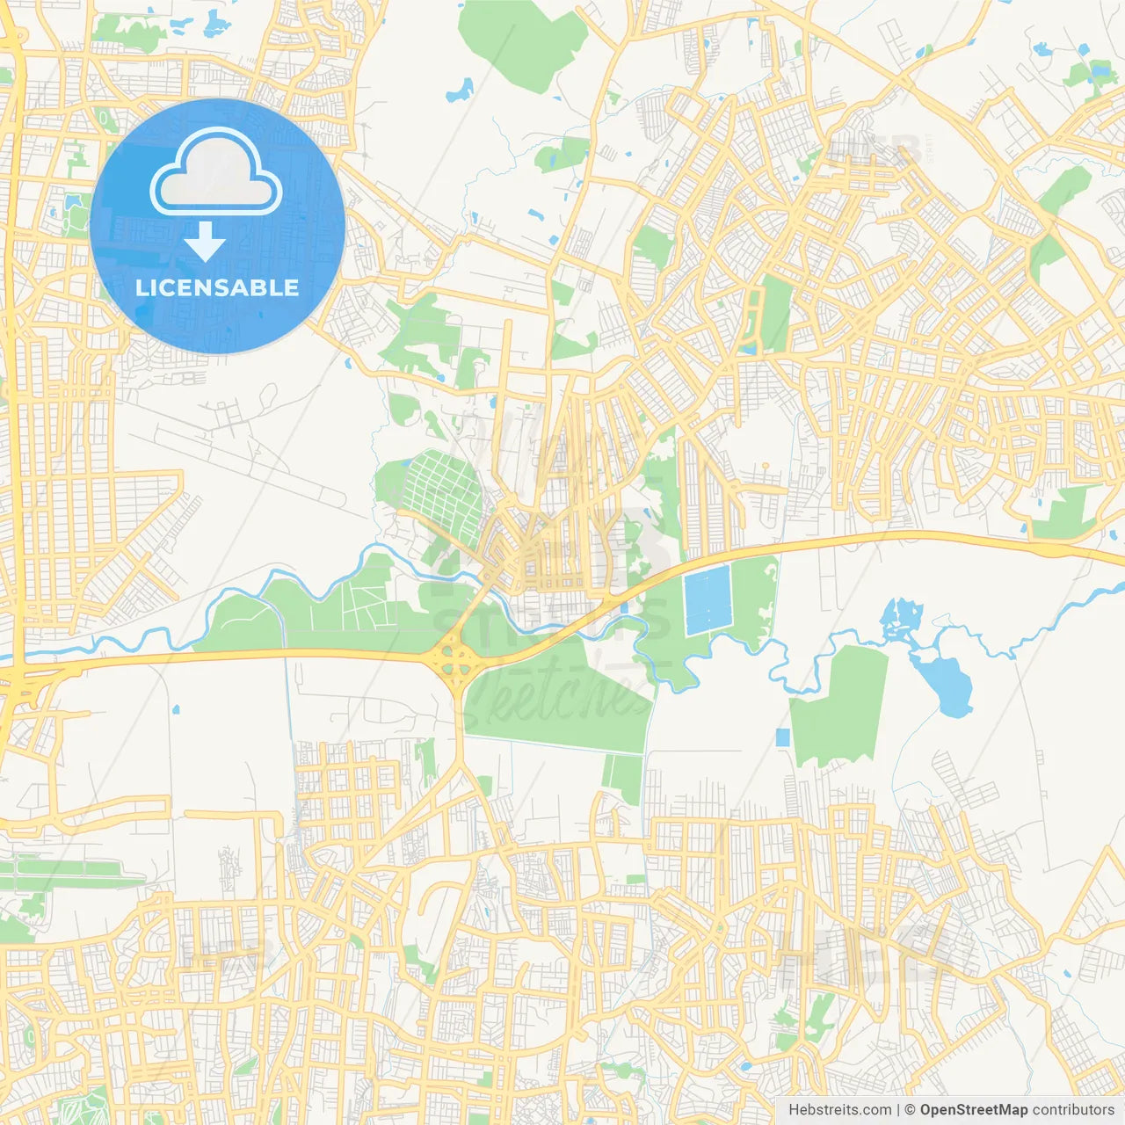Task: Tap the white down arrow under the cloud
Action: tap(205, 242)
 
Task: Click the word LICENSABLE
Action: tap(217, 287)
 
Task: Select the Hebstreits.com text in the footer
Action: tap(839, 1110)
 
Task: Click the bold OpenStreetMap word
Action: tap(974, 1110)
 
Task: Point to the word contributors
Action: tap(1073, 1110)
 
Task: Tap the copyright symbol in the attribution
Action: tap(911, 1110)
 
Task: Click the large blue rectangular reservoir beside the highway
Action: tap(708, 600)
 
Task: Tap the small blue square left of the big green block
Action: tap(782, 737)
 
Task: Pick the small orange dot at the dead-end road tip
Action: tap(766, 466)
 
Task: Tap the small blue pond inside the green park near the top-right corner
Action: tap(1099, 70)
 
